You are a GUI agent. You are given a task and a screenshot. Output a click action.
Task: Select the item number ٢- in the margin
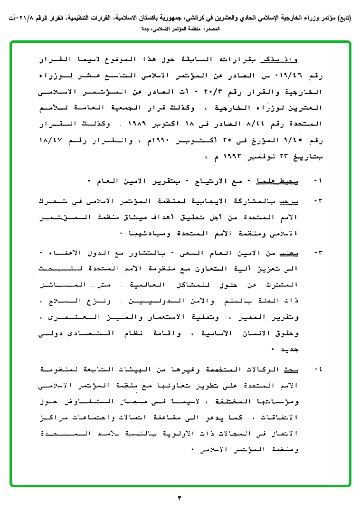pos(317,201)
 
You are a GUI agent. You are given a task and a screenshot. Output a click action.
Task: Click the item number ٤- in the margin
pos(317,369)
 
